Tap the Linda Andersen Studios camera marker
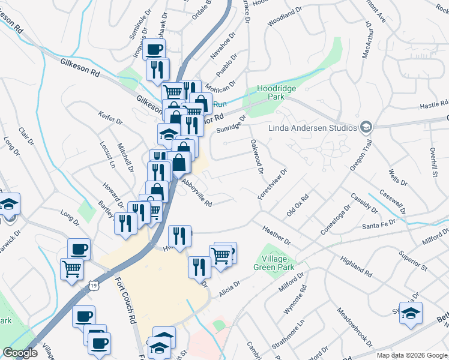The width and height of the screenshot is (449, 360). (x=365, y=127)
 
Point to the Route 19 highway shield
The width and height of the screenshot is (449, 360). (x=95, y=271)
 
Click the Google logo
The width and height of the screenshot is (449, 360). (x=20, y=352)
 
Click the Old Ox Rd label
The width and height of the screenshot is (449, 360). (x=297, y=203)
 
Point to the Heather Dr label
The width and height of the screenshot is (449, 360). (x=276, y=235)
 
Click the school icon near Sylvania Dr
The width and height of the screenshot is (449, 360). (x=411, y=313)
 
